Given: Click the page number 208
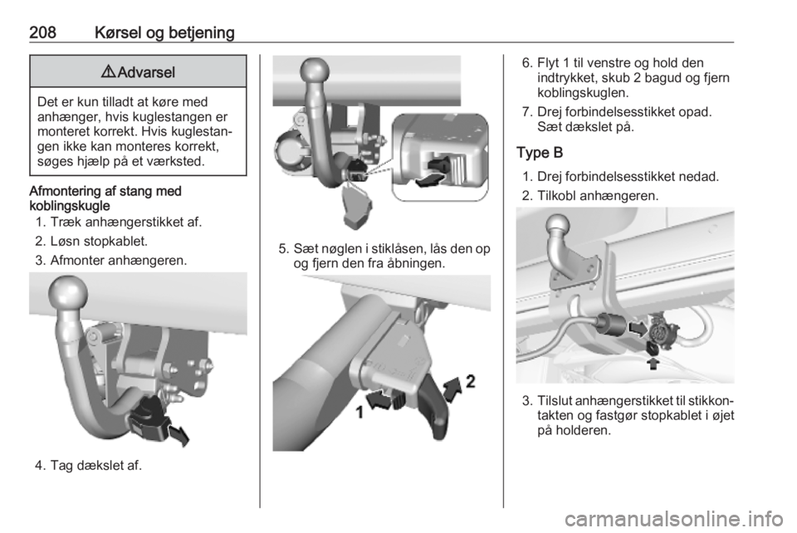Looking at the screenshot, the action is [x=42, y=32].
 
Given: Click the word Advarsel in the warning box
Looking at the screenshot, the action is [x=146, y=72].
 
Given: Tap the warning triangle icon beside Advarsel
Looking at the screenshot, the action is [x=108, y=72].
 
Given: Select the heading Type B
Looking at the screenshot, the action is [x=540, y=153].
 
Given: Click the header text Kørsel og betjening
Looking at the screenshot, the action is [x=164, y=33].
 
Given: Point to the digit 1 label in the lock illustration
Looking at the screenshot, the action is [x=359, y=413].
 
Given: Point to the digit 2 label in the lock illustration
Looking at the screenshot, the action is [x=471, y=381].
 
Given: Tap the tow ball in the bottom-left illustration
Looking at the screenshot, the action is [x=68, y=294].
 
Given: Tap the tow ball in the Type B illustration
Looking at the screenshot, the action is [x=559, y=226].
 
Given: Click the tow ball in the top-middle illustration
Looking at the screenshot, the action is [x=315, y=71].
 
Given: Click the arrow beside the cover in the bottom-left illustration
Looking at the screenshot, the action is [x=178, y=436].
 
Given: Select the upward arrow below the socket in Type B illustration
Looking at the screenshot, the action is [x=653, y=363].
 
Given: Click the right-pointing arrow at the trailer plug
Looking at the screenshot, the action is [x=638, y=328].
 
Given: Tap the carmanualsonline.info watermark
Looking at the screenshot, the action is [x=676, y=520].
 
